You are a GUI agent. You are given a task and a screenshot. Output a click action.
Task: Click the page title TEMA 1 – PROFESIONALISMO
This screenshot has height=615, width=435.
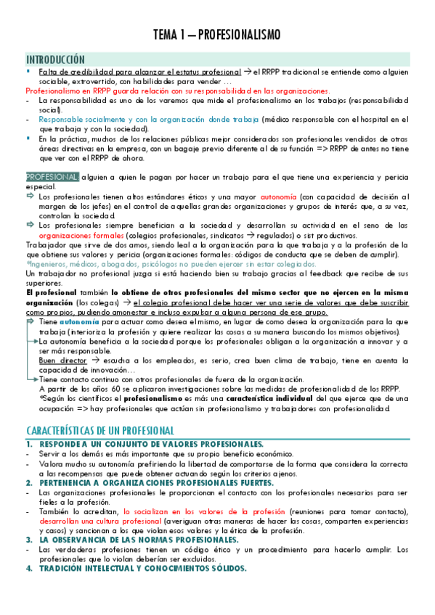tap(217, 35)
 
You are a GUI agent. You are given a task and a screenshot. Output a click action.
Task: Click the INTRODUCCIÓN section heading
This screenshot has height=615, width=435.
tap(55, 59)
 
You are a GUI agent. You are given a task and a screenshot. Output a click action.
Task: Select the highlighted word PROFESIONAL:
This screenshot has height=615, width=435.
tap(52, 176)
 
